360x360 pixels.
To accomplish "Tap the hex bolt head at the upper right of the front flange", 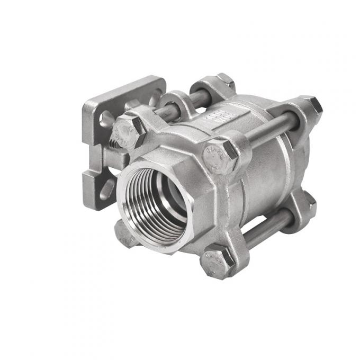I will (x=219, y=156).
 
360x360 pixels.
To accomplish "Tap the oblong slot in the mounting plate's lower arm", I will (x=107, y=188).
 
